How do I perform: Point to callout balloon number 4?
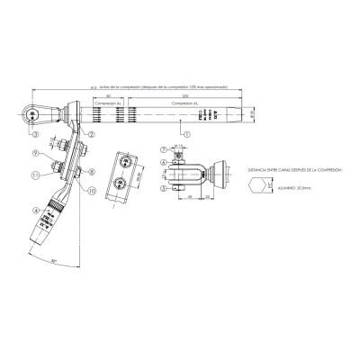(37, 211)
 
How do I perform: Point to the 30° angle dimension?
(55, 261)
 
